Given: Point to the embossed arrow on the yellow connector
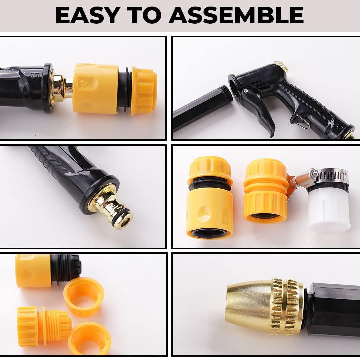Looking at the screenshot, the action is tap(84, 83).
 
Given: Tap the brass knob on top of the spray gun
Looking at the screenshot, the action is tap(282, 67).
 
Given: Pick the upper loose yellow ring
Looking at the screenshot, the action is tap(84, 297).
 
